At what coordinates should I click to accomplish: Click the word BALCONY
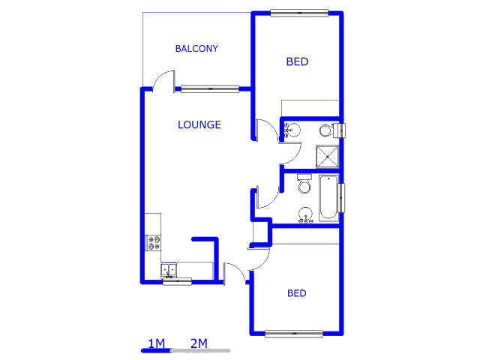click(x=196, y=49)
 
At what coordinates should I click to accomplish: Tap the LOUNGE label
click(x=199, y=124)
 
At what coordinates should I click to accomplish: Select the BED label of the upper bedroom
click(x=297, y=61)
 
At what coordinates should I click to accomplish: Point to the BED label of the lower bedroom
click(x=297, y=293)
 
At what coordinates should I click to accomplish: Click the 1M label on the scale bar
click(x=156, y=343)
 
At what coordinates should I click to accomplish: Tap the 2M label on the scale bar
click(x=199, y=343)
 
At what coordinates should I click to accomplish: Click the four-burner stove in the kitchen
click(x=154, y=242)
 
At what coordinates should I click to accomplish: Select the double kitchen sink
click(x=169, y=269)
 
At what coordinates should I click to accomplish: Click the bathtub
click(x=328, y=198)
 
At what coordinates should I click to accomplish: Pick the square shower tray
click(x=326, y=156)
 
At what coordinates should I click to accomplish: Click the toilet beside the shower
click(x=326, y=130)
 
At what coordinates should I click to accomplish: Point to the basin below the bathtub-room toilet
click(x=305, y=217)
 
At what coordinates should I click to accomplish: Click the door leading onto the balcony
click(x=164, y=80)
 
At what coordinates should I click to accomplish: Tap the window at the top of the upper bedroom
click(x=299, y=12)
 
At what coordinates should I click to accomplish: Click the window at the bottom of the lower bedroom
click(x=294, y=333)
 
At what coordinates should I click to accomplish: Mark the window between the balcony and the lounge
click(x=210, y=88)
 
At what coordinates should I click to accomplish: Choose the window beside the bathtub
click(x=342, y=197)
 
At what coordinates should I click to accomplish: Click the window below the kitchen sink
click(x=177, y=282)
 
